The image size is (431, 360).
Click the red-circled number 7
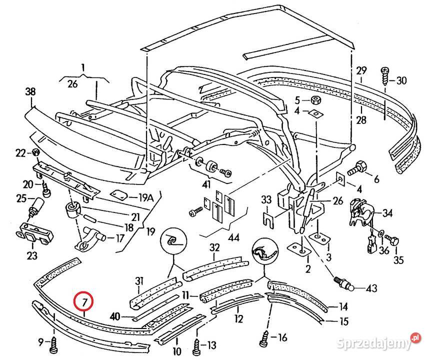(x=84, y=301)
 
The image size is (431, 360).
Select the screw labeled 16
(x=266, y=340)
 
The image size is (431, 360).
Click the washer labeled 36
(x=382, y=232)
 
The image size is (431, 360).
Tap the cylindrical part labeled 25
(x=36, y=206)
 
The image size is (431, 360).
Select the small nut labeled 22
(x=36, y=152)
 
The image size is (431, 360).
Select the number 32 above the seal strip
(x=214, y=247)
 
